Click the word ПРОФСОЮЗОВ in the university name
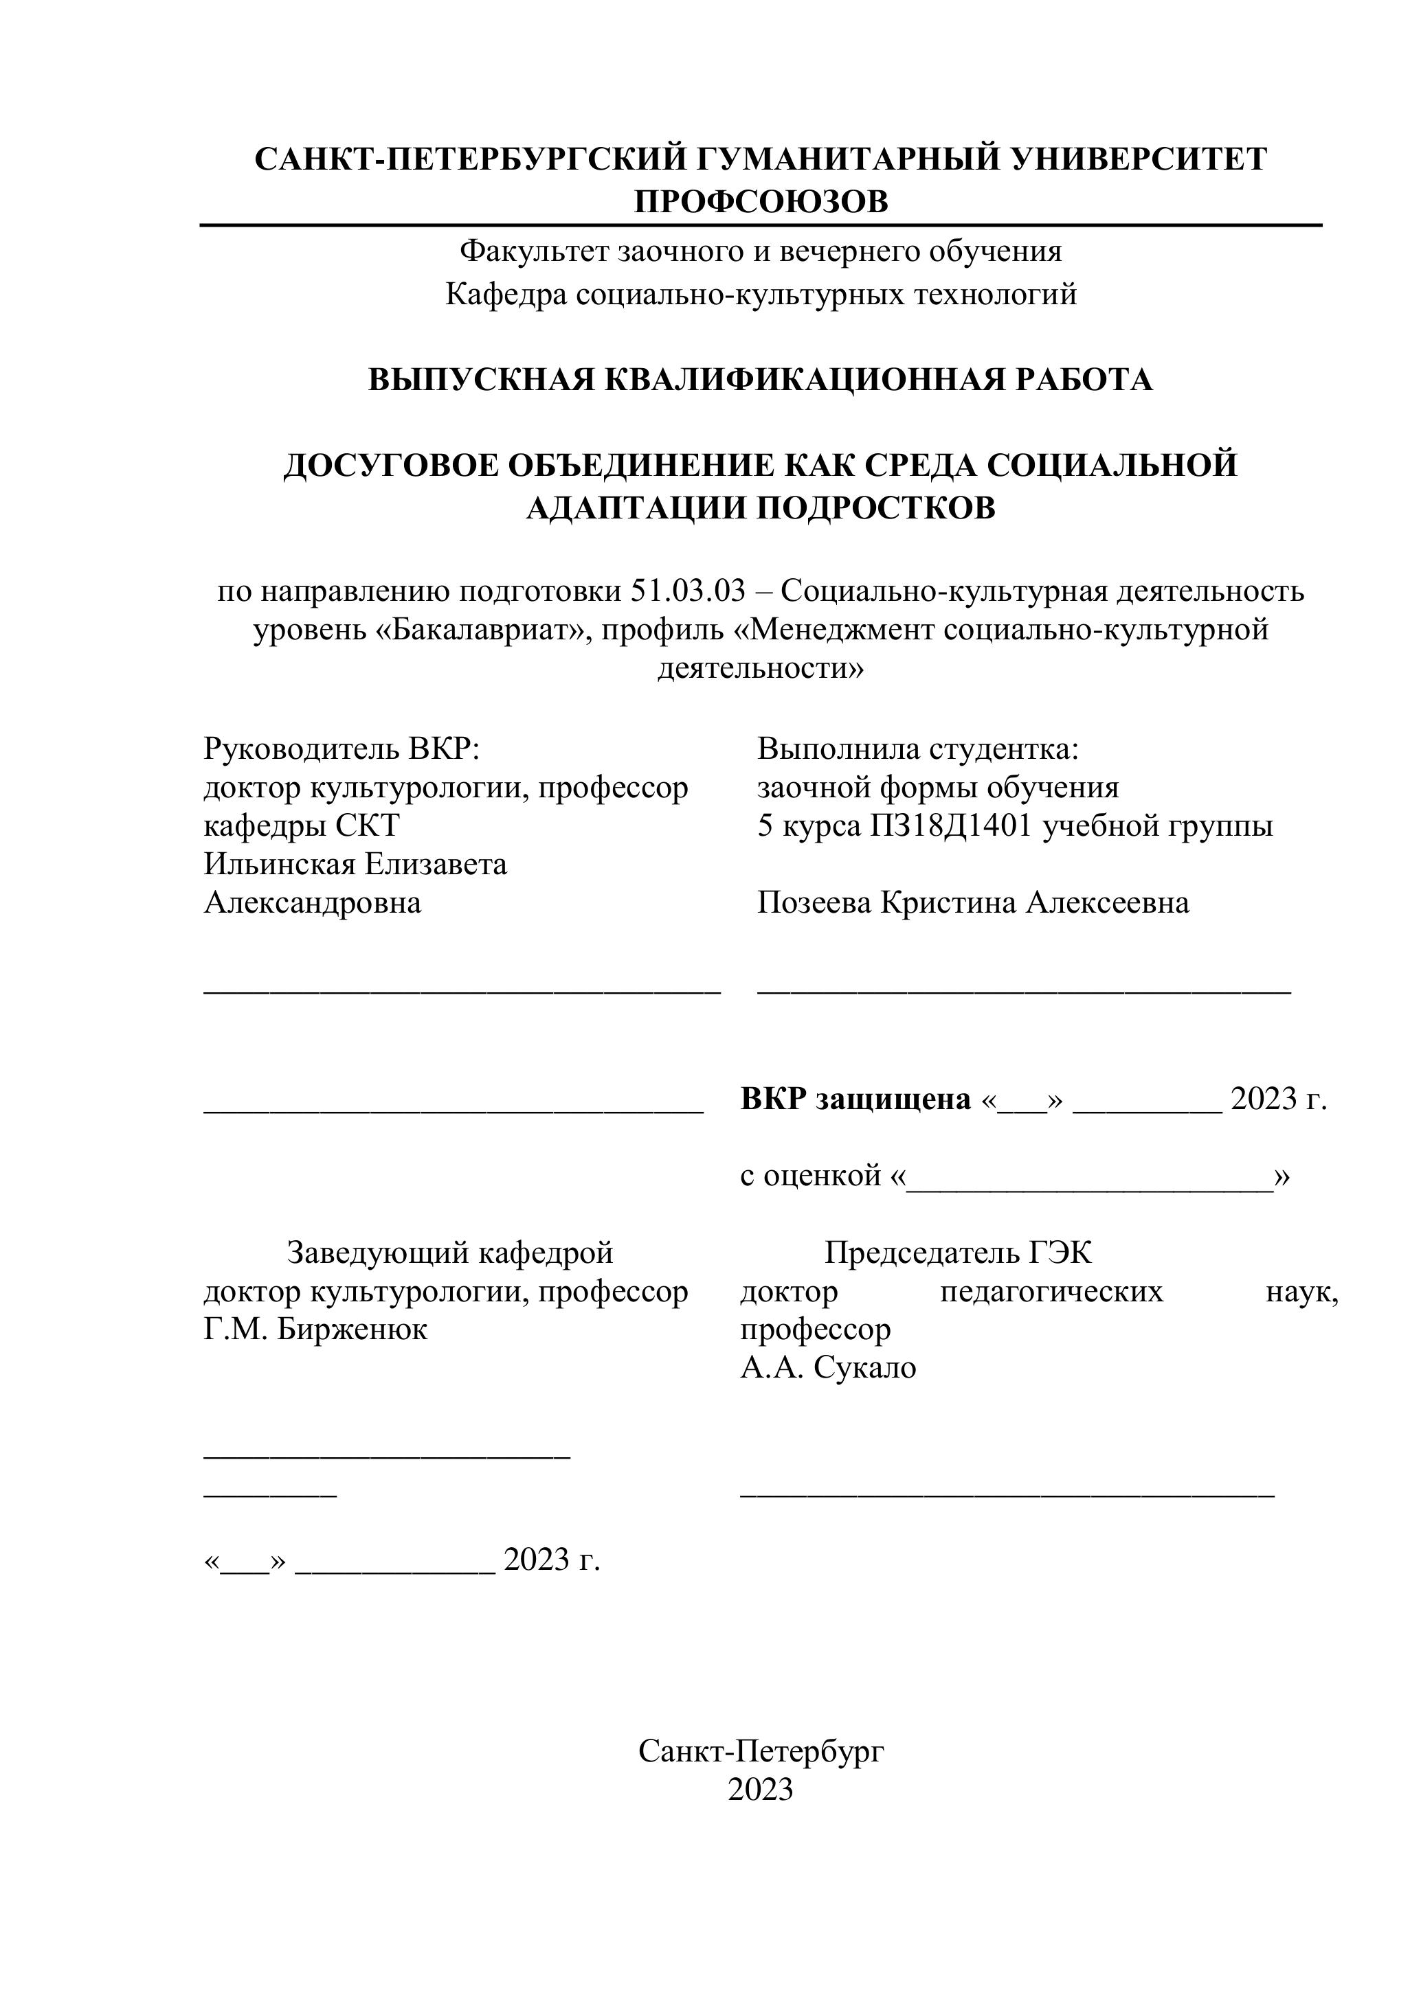coord(761,202)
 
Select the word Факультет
coord(535,252)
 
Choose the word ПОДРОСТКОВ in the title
coord(875,508)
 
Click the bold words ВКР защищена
coord(855,1099)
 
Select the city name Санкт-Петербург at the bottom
coord(761,1751)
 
